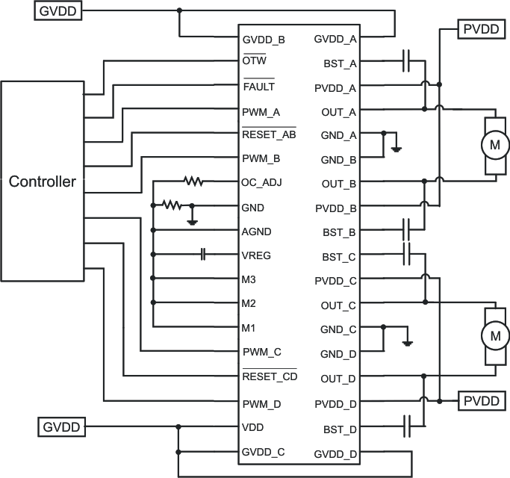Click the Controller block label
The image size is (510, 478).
pos(43,181)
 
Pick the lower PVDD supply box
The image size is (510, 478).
pos(480,401)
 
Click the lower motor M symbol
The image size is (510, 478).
pos(494,337)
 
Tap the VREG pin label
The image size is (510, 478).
pos(257,255)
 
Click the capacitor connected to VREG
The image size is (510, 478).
pos(202,255)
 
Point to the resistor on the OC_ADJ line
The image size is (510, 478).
pos(194,181)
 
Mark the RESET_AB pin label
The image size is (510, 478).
pos(269,135)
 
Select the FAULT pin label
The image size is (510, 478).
pos(258,87)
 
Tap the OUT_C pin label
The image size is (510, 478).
pos(338,305)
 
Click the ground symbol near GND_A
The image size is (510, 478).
pos(397,148)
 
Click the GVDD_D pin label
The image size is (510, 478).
pos(335,453)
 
